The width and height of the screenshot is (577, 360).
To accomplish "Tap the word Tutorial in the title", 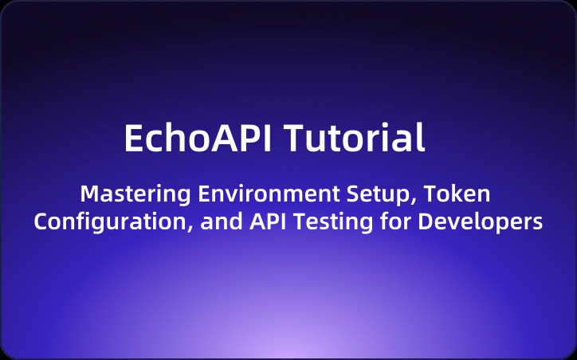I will click(355, 139).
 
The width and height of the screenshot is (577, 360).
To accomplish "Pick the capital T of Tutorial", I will click(295, 139).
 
